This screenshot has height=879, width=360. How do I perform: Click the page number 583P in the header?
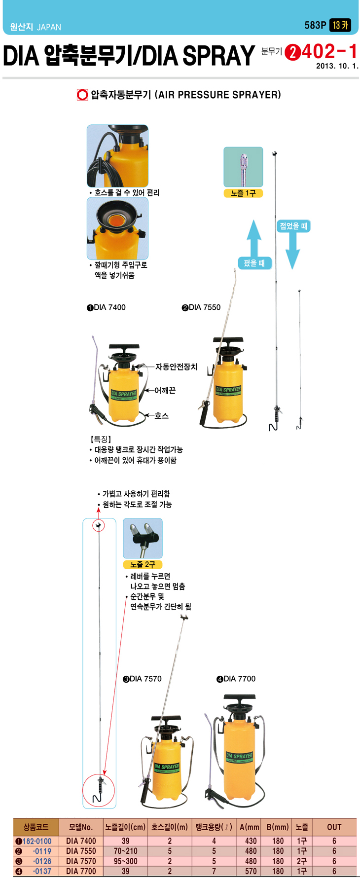(x=315, y=25)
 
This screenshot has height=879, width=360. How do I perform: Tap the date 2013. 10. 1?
(x=337, y=66)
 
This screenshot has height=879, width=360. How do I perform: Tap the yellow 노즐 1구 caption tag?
(x=243, y=193)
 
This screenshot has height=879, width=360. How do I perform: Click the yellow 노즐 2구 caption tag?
(x=143, y=564)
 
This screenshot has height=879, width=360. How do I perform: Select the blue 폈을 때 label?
(x=254, y=263)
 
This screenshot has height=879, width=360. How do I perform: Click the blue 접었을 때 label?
(x=293, y=226)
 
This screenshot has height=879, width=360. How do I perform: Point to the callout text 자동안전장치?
(x=177, y=366)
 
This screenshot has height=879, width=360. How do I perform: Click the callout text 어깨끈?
(x=165, y=390)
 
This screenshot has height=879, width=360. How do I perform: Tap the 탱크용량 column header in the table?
(x=214, y=827)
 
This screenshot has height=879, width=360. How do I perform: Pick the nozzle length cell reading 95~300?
(x=126, y=861)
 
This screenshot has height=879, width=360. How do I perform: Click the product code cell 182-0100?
(x=37, y=841)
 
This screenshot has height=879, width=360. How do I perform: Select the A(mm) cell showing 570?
(x=251, y=871)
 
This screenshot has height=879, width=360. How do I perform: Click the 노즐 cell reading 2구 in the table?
(x=302, y=861)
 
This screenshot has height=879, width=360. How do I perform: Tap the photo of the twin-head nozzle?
(x=143, y=538)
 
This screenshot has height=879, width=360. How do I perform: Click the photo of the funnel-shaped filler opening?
(x=117, y=228)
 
